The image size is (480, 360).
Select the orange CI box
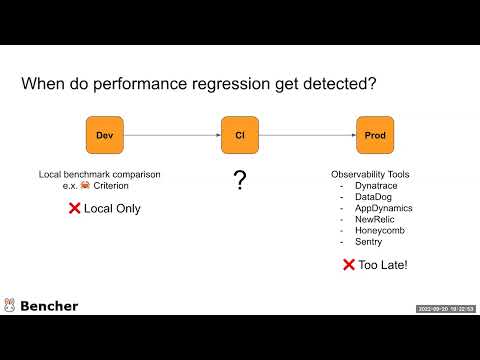pyautogui.click(x=239, y=135)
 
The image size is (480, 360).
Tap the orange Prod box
pyautogui.click(x=375, y=135)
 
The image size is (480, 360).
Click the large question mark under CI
pyautogui.click(x=239, y=181)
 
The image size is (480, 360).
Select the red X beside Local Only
pyautogui.click(x=73, y=208)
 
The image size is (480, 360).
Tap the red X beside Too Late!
pyautogui.click(x=349, y=265)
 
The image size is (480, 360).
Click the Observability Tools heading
pyautogui.click(x=370, y=175)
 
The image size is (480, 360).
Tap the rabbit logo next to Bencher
pyautogui.click(x=10, y=305)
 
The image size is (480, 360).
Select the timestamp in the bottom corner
pyautogui.click(x=446, y=308)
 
